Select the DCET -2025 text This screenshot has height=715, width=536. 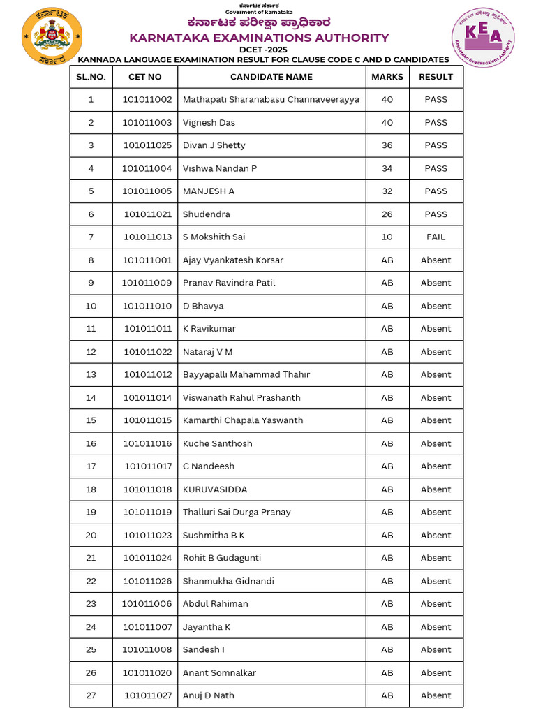click(x=267, y=50)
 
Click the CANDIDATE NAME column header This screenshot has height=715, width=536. click(x=271, y=77)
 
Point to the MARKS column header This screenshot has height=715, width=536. click(x=387, y=77)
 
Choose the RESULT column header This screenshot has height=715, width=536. click(x=435, y=77)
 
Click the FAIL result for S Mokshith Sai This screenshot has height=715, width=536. click(x=435, y=237)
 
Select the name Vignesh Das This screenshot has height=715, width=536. click(x=209, y=123)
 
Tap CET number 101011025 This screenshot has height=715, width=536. click(x=147, y=145)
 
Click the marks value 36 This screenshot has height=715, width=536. click(x=387, y=145)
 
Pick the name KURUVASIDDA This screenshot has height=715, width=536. click(x=215, y=489)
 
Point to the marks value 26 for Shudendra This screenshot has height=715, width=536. click(x=387, y=214)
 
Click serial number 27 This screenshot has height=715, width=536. click(x=91, y=695)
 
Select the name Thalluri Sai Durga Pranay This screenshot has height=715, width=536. click(x=237, y=512)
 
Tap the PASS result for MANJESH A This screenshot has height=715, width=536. click(x=435, y=191)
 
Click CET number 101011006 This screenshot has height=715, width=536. click(x=147, y=604)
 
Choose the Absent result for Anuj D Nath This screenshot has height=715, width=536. click(x=435, y=695)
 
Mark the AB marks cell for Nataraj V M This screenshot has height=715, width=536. click(x=387, y=352)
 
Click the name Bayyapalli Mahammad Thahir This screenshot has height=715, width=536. click(x=246, y=375)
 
